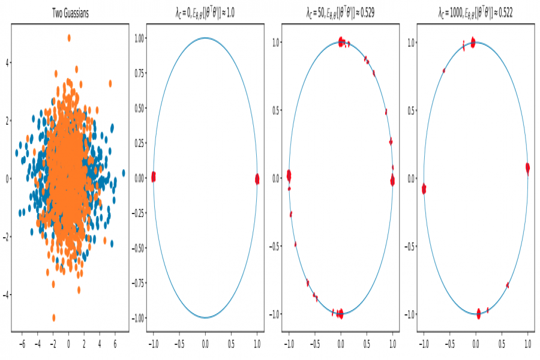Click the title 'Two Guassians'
tap(70, 14)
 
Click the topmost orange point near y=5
tap(69, 37)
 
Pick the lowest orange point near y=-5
tap(54, 317)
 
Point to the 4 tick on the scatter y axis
tap(8, 62)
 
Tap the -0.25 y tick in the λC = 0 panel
tap(139, 213)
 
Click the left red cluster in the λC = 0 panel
tap(154, 176)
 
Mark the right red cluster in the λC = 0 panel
tap(257, 179)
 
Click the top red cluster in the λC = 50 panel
tap(341, 42)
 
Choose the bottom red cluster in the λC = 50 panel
tap(340, 313)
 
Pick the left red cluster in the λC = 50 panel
tap(289, 176)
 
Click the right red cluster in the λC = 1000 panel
tap(527, 169)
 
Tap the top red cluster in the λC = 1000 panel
tap(473, 43)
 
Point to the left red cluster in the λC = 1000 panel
tap(424, 189)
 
